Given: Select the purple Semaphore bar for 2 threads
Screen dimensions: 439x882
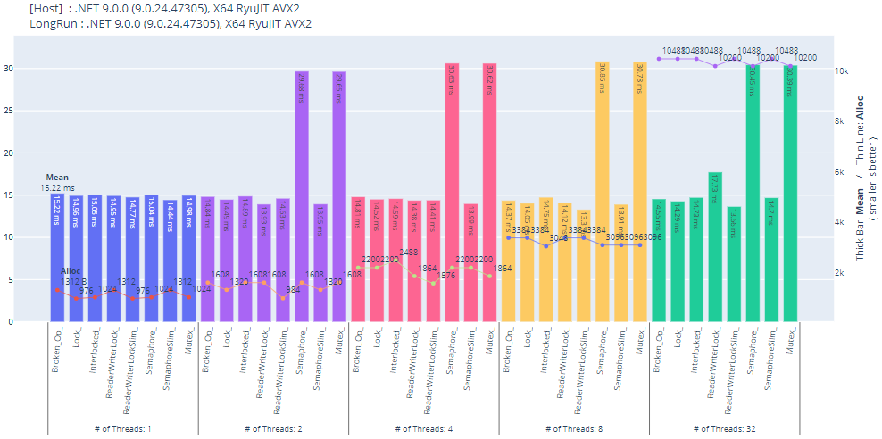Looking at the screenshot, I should tap(302, 196).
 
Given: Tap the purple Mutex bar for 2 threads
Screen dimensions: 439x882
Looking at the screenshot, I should tap(339, 196).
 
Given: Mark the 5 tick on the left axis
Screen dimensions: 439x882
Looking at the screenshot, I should tap(35, 279).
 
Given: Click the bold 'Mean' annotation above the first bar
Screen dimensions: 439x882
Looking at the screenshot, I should tap(57, 178).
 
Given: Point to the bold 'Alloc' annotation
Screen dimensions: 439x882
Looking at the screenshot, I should tap(71, 271).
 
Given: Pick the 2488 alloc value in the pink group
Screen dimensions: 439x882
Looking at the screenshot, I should tap(409, 252).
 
